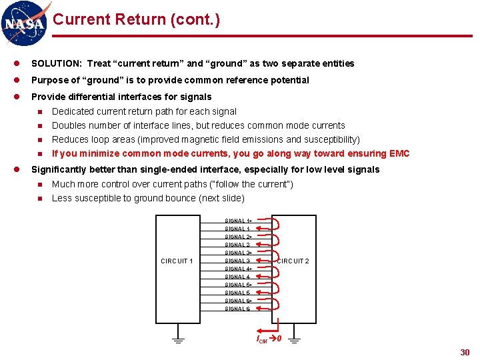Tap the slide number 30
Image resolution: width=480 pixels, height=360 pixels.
pyautogui.click(x=465, y=352)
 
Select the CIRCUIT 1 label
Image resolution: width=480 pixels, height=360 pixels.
pyautogui.click(x=177, y=261)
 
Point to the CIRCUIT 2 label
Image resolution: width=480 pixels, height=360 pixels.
pyautogui.click(x=293, y=261)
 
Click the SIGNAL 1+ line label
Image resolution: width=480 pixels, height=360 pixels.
pyautogui.click(x=238, y=221)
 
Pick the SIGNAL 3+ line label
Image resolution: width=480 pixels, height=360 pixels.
pyautogui.click(x=238, y=253)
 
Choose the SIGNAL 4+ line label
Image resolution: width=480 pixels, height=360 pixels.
pyautogui.click(x=238, y=269)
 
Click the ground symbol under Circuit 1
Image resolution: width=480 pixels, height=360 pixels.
pyautogui.click(x=178, y=341)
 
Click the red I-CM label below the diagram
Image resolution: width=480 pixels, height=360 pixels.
pyautogui.click(x=262, y=339)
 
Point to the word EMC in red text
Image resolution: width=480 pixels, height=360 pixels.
pyautogui.click(x=399, y=154)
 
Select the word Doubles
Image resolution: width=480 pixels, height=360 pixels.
pyautogui.click(x=67, y=125)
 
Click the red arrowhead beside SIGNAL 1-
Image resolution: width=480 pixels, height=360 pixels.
pyautogui.click(x=258, y=229)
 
